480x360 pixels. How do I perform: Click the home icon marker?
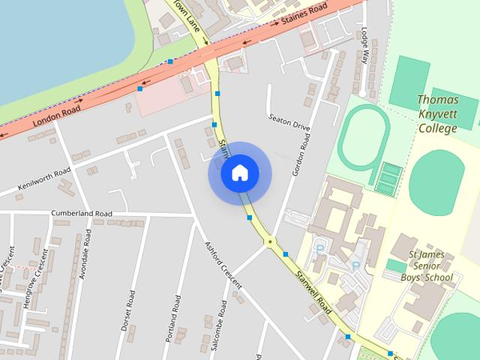coord(239,173)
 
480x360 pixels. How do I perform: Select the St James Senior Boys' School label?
coord(430,266)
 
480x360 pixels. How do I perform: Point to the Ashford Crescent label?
coord(223,265)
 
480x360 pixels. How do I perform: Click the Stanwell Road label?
coord(313,292)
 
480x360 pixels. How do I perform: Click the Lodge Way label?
coord(366,44)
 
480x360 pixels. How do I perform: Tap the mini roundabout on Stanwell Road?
coord(269,241)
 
